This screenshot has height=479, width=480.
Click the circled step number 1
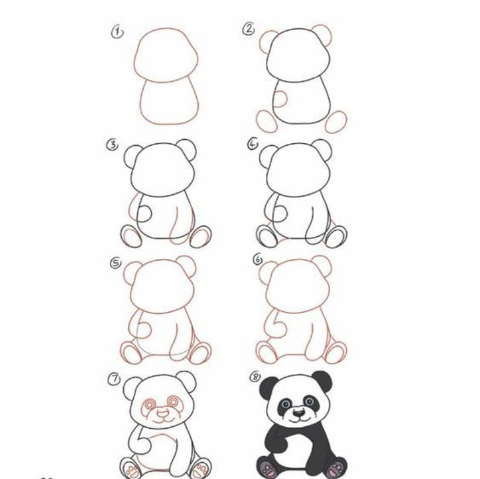click(x=117, y=33)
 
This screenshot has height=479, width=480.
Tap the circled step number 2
click(x=249, y=29)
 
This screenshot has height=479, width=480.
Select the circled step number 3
click(x=112, y=145)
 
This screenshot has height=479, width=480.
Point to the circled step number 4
click(x=253, y=144)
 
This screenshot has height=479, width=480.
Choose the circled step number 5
click(x=116, y=263)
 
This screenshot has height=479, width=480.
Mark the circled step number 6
click(x=258, y=260)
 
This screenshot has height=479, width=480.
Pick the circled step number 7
click(x=114, y=379)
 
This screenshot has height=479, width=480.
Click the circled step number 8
click(x=256, y=376)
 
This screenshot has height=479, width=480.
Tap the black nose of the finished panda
click(x=298, y=413)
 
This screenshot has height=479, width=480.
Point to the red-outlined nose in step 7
click(x=163, y=414)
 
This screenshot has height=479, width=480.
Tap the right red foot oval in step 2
click(x=336, y=122)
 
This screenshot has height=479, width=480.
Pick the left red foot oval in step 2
click(x=266, y=122)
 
